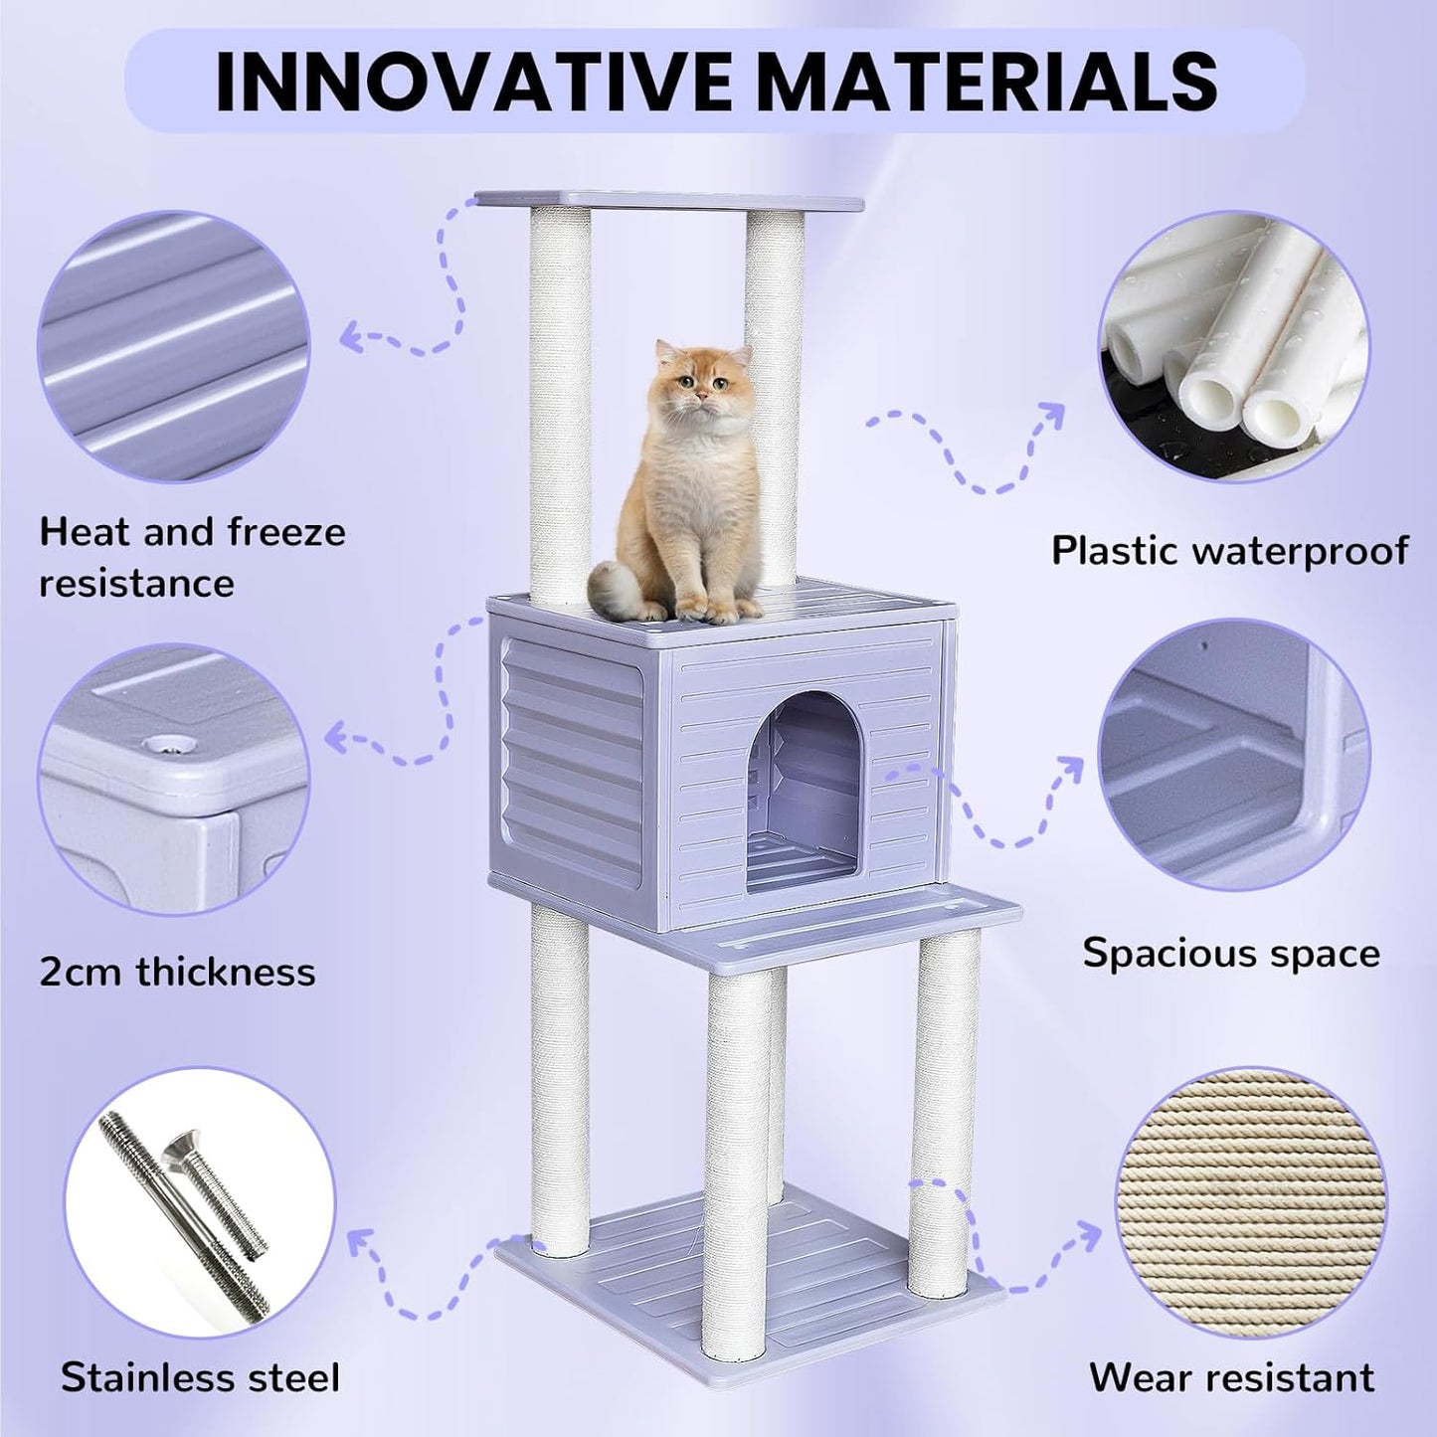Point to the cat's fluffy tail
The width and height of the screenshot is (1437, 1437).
tap(616, 586)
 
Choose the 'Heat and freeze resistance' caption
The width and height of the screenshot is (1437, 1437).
tap(192, 557)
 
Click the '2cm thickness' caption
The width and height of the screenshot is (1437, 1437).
tap(177, 971)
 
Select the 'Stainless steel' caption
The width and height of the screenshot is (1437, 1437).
tap(200, 1377)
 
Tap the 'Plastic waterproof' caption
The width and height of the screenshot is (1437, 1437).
tap(1230, 549)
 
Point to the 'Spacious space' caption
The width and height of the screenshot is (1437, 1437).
tap(1231, 953)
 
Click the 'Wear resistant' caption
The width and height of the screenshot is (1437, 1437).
tap(1231, 1377)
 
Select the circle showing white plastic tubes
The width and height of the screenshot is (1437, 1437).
tap(1233, 347)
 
